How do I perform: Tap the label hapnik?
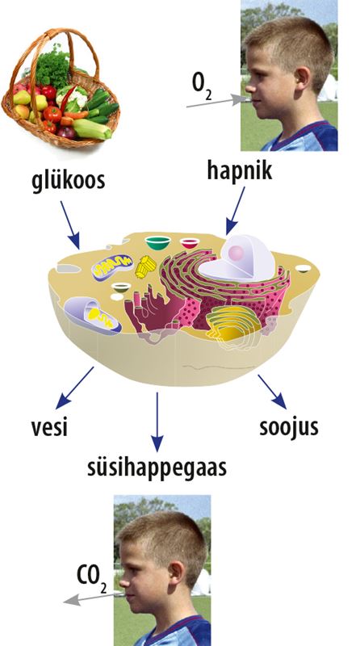239,170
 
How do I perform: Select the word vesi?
49,428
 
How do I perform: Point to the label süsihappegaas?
157,468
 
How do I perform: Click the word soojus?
289,428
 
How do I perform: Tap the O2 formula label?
203,86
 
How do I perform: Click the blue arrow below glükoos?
70,225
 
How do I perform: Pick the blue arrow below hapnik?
235,211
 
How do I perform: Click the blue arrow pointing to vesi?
74,388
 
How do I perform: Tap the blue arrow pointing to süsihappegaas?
157,422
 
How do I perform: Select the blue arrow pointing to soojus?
272,392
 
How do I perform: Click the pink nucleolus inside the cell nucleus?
236,253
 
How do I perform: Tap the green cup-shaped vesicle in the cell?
157,243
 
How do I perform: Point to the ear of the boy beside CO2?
176,574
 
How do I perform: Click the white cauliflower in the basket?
73,97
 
